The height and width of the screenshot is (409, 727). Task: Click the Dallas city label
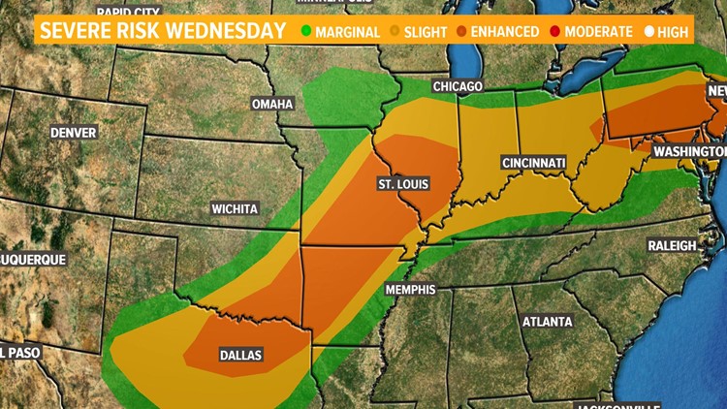pos(239,356)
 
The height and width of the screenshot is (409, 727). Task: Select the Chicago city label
pos(458,86)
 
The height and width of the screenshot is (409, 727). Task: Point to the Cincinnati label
pos(533,163)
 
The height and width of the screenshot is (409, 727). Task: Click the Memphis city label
pos(409,290)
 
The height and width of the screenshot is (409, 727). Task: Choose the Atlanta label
pos(547,322)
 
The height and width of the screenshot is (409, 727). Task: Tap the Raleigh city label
pos(673,246)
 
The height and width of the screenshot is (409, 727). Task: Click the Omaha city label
pos(271,104)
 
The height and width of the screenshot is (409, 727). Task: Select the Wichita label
pos(236,208)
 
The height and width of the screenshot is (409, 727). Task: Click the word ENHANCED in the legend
pos(504,32)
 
